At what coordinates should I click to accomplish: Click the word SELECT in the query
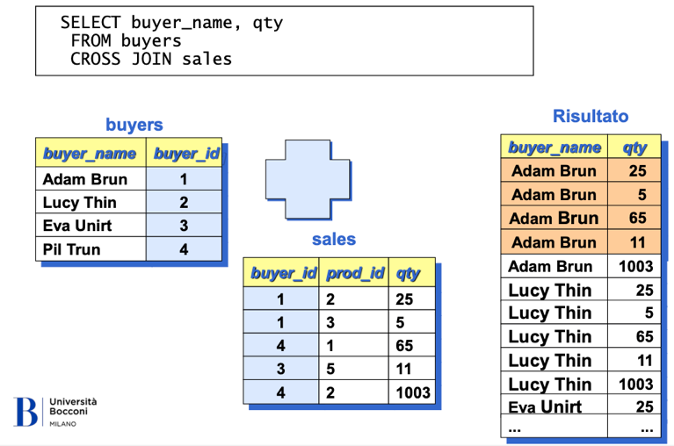(x=91, y=22)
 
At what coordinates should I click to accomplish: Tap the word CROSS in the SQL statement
(x=96, y=59)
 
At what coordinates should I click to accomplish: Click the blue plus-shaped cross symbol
(x=308, y=179)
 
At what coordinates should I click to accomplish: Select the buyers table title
(x=134, y=125)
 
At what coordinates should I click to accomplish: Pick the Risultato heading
(x=591, y=116)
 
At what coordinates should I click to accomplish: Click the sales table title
(x=334, y=239)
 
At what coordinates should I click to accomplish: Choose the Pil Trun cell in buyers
(x=91, y=249)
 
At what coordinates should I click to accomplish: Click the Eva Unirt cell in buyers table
(x=91, y=226)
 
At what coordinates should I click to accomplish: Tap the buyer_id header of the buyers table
(x=185, y=153)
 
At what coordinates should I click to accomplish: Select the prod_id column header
(x=354, y=273)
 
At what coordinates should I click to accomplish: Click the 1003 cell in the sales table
(x=412, y=392)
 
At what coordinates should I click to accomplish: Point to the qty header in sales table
(x=412, y=273)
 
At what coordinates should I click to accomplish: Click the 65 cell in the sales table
(x=412, y=346)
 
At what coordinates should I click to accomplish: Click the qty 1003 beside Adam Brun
(x=634, y=267)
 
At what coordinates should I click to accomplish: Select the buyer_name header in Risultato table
(x=554, y=147)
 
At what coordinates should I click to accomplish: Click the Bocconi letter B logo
(x=25, y=411)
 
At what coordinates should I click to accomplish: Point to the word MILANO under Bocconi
(x=62, y=424)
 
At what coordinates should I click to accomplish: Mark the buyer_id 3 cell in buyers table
(x=184, y=226)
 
